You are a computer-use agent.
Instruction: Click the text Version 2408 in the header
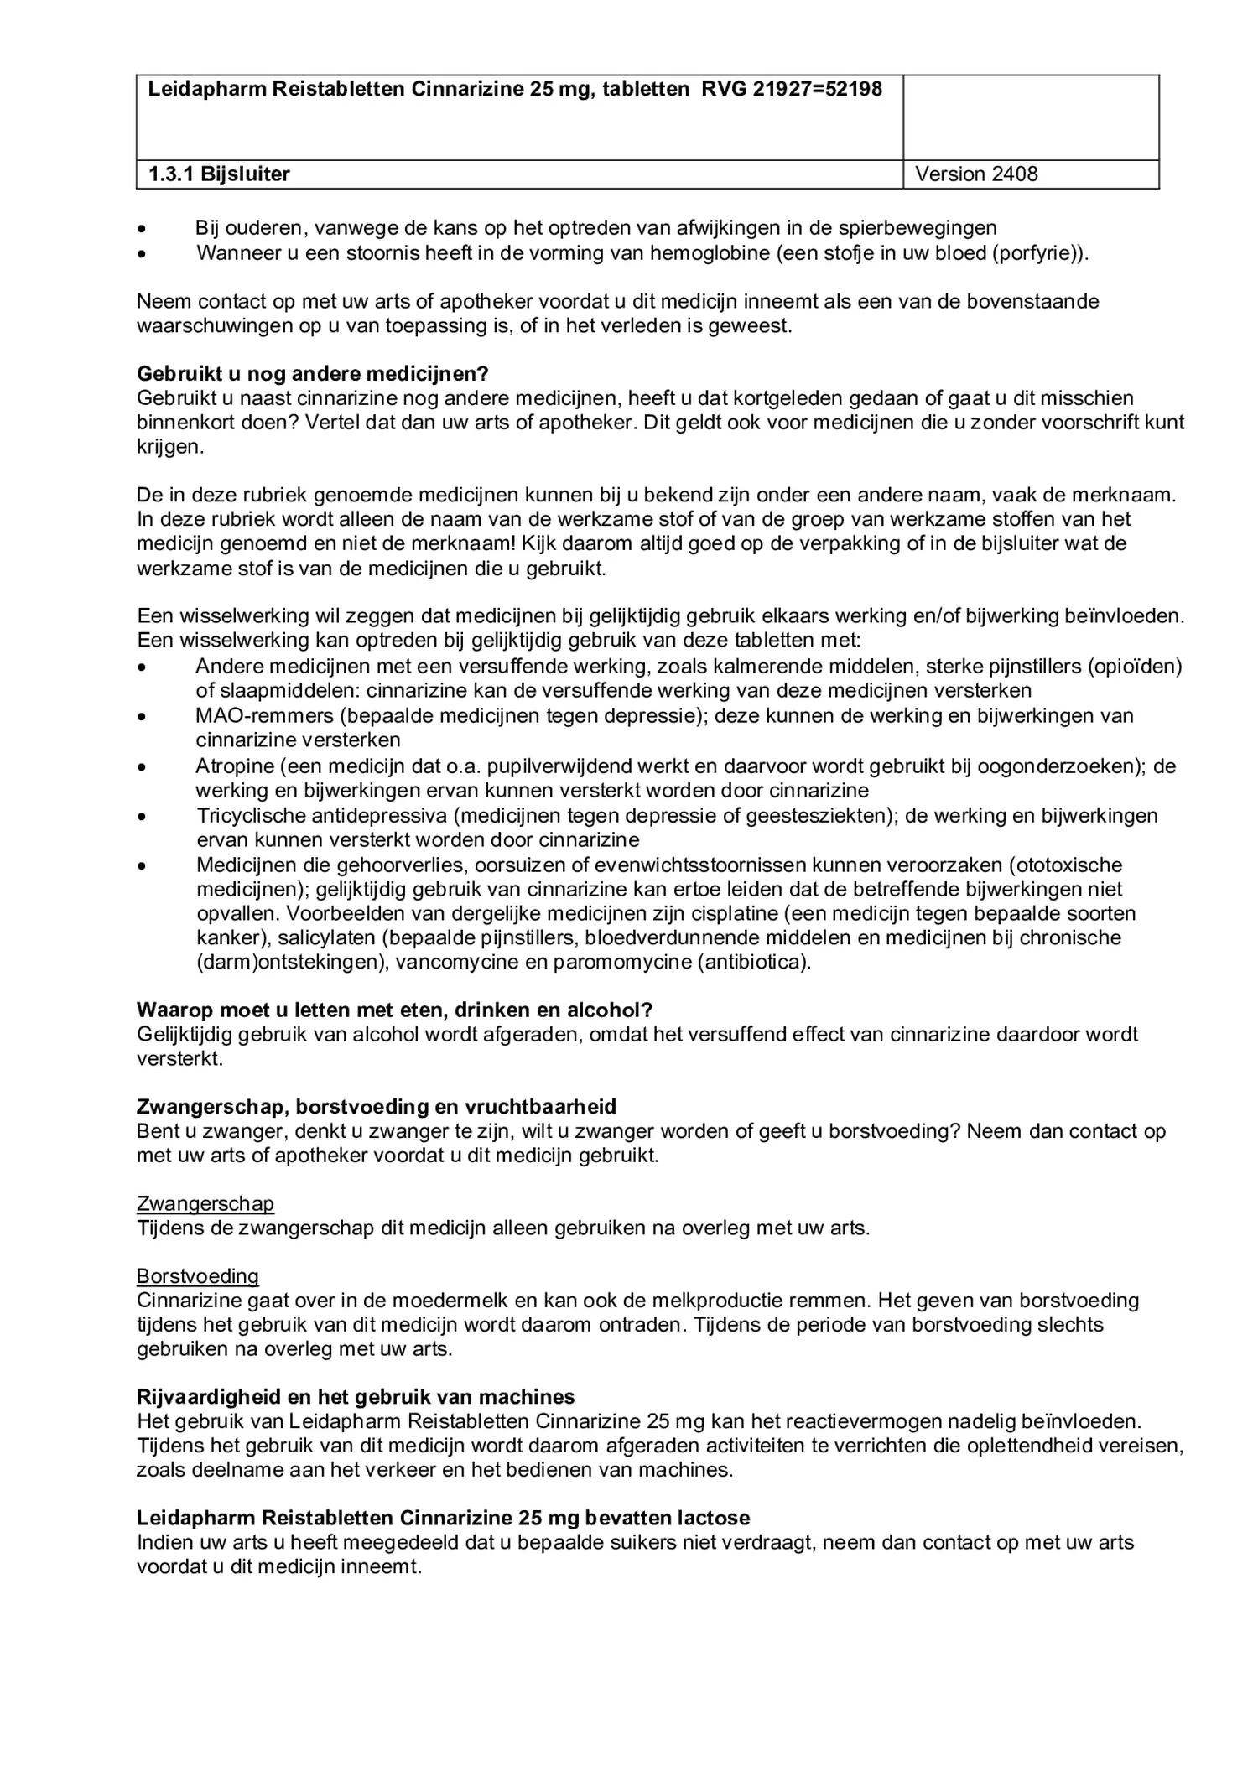(976, 174)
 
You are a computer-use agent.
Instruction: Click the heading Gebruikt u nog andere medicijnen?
(312, 373)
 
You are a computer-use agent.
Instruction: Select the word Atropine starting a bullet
(234, 766)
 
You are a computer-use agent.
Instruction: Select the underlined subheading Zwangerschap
(205, 1204)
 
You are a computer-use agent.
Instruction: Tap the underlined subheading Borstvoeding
(198, 1276)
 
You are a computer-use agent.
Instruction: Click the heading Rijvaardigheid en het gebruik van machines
(356, 1397)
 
